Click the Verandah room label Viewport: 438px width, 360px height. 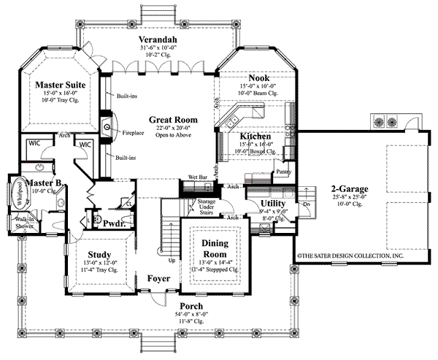coord(157,39)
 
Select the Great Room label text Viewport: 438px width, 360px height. coord(170,119)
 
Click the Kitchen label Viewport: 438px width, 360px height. coord(255,137)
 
